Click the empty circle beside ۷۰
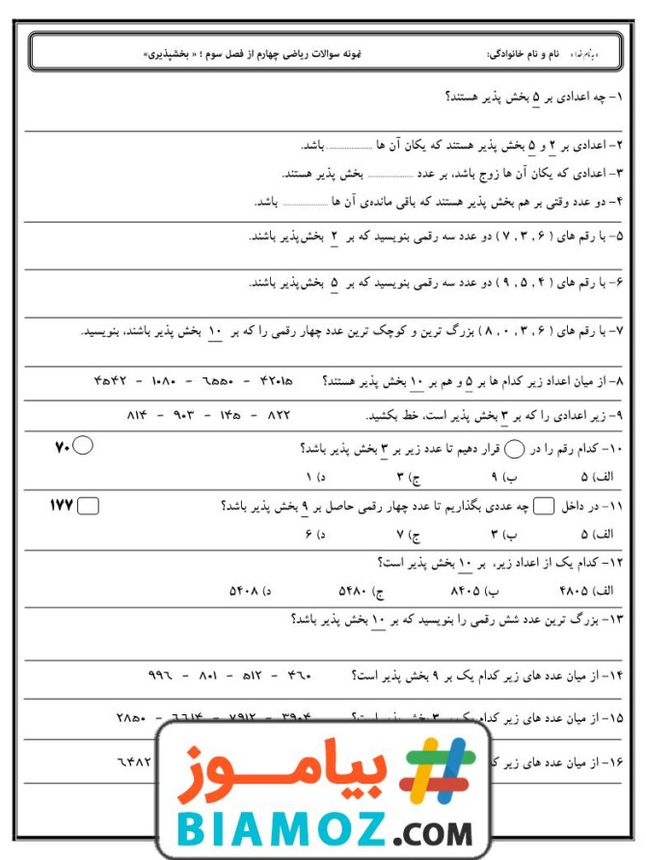tap(83, 446)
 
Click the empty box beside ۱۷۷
tap(88, 505)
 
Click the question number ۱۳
tap(613, 620)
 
